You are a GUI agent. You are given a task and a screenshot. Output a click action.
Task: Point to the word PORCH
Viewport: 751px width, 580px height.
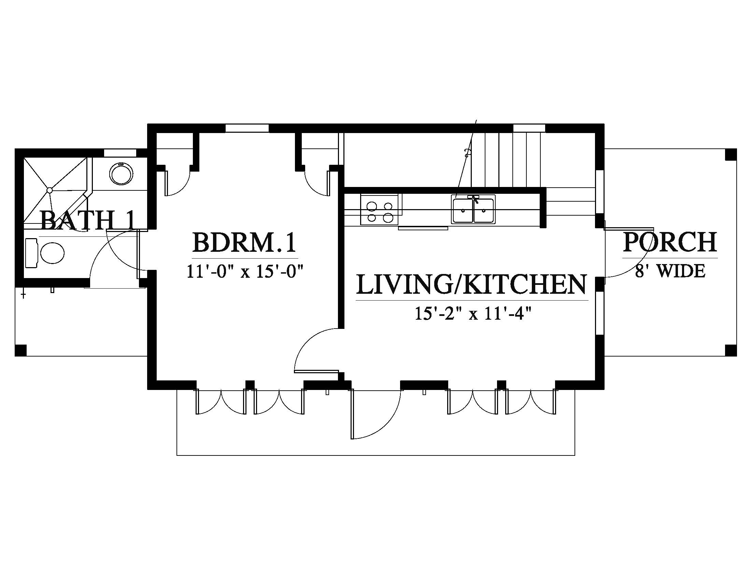[x=670, y=242]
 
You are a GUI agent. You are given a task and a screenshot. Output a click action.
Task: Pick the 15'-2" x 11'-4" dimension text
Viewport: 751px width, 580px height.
[x=471, y=314]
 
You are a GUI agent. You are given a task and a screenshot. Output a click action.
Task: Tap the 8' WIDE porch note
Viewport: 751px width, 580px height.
[x=670, y=271]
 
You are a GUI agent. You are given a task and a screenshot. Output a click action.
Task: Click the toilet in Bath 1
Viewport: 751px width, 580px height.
[x=45, y=253]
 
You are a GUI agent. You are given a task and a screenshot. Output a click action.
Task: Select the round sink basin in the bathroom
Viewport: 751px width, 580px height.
[x=121, y=174]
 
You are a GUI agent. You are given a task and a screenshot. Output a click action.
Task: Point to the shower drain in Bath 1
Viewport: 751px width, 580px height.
[x=49, y=190]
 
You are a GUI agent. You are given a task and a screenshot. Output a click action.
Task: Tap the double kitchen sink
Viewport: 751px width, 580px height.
[x=474, y=209]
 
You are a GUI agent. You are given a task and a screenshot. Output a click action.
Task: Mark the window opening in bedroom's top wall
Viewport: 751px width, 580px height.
[x=247, y=128]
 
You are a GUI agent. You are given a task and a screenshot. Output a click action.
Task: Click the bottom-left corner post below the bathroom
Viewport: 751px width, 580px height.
[x=20, y=350]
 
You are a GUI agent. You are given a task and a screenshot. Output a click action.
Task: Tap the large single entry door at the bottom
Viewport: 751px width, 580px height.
[x=376, y=414]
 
